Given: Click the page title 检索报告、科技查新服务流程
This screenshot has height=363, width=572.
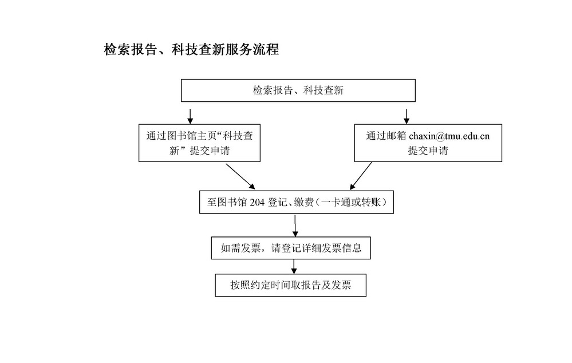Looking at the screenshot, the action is [191, 49].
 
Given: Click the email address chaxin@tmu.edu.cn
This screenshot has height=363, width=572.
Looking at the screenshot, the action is [449, 136].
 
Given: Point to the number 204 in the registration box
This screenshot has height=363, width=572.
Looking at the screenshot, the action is [257, 202].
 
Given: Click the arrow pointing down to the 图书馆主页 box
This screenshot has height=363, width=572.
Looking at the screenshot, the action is [190, 116].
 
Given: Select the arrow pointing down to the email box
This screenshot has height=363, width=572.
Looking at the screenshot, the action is [407, 116].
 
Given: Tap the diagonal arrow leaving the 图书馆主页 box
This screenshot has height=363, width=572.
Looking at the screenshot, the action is [240, 176].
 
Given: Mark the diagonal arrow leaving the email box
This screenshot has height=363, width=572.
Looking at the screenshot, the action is [361, 176].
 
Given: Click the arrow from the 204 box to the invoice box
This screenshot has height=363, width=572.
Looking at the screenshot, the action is [295, 226].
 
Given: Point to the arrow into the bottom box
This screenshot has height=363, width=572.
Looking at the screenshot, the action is [294, 267].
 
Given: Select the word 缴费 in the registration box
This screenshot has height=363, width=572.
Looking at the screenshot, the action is [303, 202].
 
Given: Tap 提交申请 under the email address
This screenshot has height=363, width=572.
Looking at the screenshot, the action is [428, 151].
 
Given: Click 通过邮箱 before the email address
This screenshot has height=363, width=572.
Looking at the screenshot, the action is [386, 136].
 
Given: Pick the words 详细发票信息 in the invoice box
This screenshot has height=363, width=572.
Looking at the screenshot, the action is [332, 248].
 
